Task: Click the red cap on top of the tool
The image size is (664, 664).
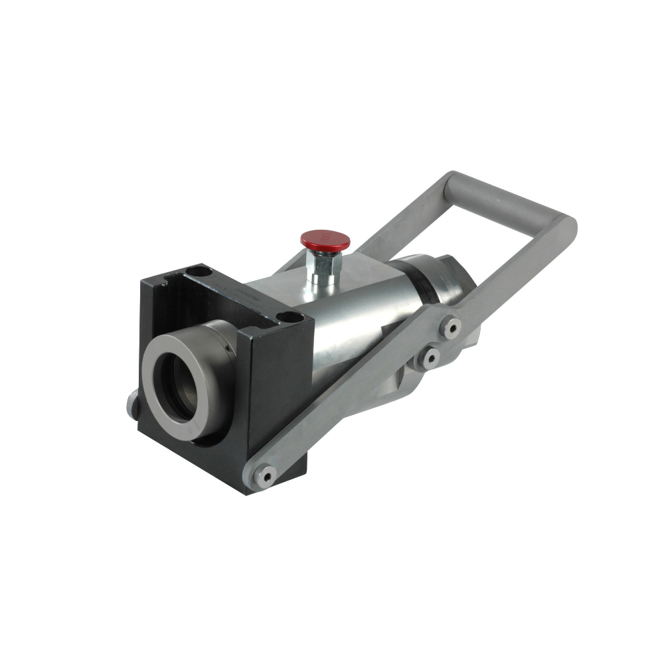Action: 324,240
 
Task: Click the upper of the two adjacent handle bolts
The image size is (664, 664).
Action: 452,327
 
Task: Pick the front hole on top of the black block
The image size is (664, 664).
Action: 284,317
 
